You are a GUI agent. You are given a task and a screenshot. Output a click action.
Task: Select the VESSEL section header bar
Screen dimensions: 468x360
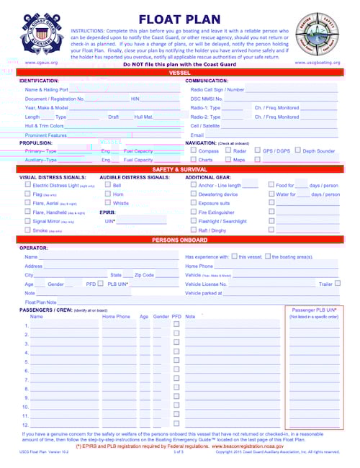(x=180, y=73)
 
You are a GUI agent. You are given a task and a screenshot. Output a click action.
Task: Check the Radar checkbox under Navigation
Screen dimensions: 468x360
(x=228, y=151)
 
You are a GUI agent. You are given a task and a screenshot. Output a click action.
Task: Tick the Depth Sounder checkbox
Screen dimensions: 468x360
(x=297, y=151)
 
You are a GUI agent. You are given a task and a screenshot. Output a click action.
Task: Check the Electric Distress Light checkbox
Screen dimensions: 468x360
(x=27, y=185)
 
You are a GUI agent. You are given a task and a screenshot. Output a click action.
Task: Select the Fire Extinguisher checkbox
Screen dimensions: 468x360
(x=193, y=212)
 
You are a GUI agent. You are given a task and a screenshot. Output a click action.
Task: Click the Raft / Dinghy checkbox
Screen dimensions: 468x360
(x=193, y=230)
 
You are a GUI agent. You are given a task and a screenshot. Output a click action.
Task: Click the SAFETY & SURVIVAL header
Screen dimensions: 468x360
(x=180, y=168)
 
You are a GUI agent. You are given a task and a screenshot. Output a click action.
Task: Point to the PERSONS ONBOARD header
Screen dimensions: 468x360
(x=180, y=239)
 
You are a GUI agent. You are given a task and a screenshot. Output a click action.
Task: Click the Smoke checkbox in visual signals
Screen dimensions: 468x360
(x=27, y=230)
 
